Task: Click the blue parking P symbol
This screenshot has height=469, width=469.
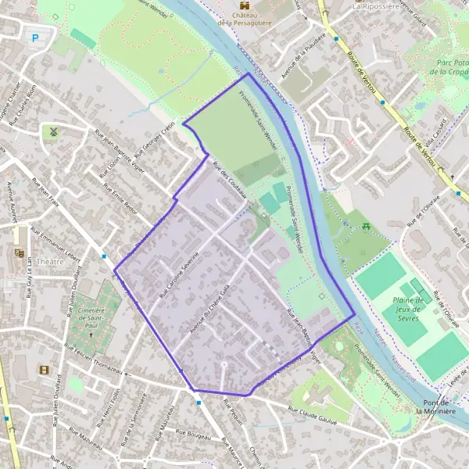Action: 33,37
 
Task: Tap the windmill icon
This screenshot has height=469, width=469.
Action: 53,131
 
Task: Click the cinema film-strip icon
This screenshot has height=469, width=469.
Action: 44,370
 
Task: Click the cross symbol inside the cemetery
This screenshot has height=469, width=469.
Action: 90,334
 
